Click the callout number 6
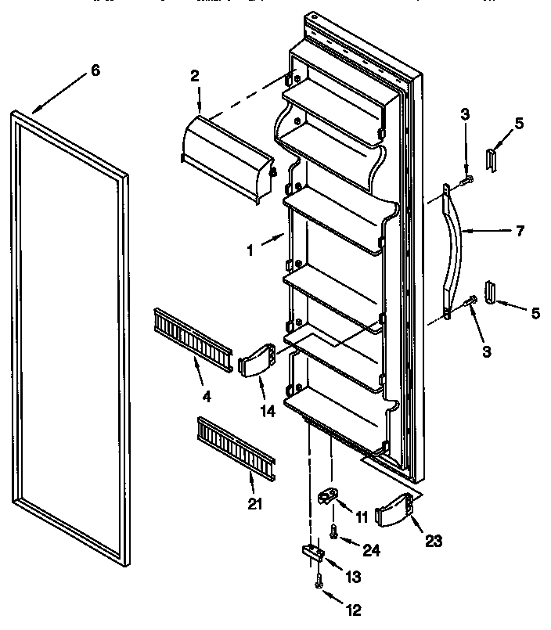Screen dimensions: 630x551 click(x=95, y=70)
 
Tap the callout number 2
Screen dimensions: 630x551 click(x=194, y=76)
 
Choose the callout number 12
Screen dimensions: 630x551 click(x=357, y=610)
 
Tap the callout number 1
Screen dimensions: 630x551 click(x=250, y=253)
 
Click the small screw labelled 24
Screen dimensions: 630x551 click(x=334, y=531)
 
